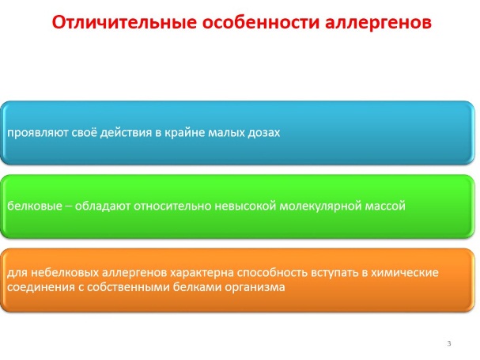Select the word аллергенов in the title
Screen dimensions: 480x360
[378, 23]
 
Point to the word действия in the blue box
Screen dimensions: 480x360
[127, 133]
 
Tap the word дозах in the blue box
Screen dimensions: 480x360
[263, 133]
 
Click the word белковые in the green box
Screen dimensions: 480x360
[35, 206]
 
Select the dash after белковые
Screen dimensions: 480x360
[69, 207]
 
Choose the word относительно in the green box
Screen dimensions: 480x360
[172, 206]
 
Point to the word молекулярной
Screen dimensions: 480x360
[320, 207]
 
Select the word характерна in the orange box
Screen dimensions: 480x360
[202, 273]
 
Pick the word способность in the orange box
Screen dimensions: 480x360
[272, 273]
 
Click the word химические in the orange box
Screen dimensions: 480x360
[405, 272]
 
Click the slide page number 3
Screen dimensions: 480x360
[449, 343]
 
